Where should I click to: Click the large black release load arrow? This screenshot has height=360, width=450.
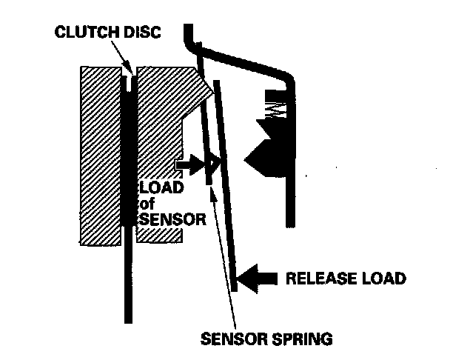pos(258,278)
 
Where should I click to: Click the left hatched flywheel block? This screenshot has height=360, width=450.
pos(100,156)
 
